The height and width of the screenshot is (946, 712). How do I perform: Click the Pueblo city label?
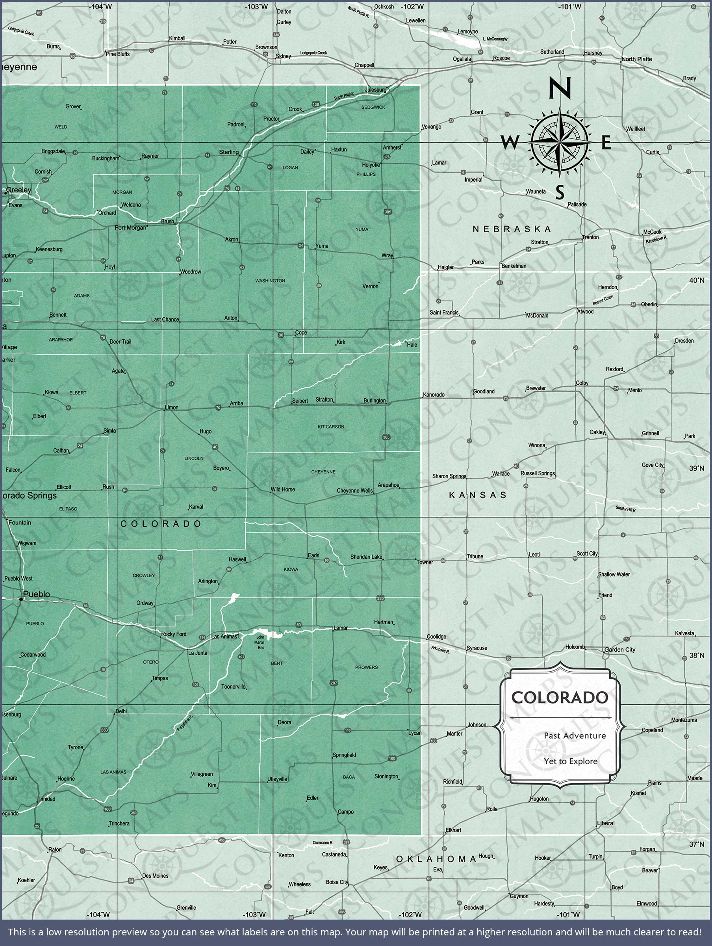(x=36, y=594)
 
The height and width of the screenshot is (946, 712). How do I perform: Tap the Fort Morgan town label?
(x=130, y=227)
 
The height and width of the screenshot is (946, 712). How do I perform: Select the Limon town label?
(x=172, y=408)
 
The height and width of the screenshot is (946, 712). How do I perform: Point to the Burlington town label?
(x=375, y=401)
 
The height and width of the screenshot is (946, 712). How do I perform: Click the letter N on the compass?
(x=560, y=88)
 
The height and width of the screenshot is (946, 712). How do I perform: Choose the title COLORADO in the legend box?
(x=560, y=698)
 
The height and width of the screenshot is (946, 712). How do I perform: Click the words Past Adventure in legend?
(x=575, y=736)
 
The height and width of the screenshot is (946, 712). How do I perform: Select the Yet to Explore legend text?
(x=571, y=761)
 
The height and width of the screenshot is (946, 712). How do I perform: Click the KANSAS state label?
(x=478, y=495)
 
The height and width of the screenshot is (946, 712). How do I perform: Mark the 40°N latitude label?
(x=696, y=280)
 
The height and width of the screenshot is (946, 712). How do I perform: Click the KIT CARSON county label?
(x=331, y=426)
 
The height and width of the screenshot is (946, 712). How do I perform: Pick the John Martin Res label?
(x=260, y=642)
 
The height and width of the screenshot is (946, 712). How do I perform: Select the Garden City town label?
(x=620, y=650)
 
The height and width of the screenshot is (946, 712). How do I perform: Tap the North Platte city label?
(x=637, y=59)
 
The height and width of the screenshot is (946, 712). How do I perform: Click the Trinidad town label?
(x=46, y=799)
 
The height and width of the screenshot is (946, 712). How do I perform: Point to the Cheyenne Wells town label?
(x=355, y=490)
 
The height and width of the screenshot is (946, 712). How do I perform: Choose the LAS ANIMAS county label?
(x=113, y=772)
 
